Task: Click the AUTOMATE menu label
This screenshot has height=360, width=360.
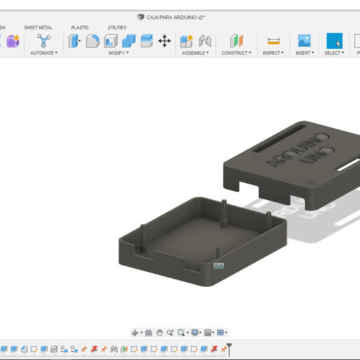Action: pyautogui.click(x=43, y=53)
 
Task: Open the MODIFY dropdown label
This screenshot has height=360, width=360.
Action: pyautogui.click(x=117, y=53)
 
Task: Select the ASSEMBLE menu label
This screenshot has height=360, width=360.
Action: pyautogui.click(x=195, y=53)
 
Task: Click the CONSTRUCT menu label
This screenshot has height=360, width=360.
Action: pyautogui.click(x=236, y=53)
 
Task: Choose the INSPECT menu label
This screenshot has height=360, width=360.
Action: pyautogui.click(x=273, y=53)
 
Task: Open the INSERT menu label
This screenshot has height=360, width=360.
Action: pyautogui.click(x=304, y=53)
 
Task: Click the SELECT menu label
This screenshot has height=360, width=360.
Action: pyautogui.click(x=334, y=53)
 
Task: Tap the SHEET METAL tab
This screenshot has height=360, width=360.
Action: pyautogui.click(x=38, y=28)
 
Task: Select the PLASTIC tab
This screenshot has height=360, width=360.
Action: pyautogui.click(x=80, y=28)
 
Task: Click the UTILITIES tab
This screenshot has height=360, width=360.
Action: pyautogui.click(x=117, y=28)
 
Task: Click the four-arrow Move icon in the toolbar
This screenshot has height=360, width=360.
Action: pyautogui.click(x=165, y=41)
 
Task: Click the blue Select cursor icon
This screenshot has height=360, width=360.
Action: pyautogui.click(x=335, y=41)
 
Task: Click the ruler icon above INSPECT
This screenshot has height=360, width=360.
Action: pyautogui.click(x=273, y=41)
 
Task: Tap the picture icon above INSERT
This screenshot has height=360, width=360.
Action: pyautogui.click(x=304, y=41)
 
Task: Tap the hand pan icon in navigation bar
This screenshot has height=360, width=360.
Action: pyautogui.click(x=159, y=333)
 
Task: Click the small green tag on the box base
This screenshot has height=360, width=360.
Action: pyautogui.click(x=218, y=267)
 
